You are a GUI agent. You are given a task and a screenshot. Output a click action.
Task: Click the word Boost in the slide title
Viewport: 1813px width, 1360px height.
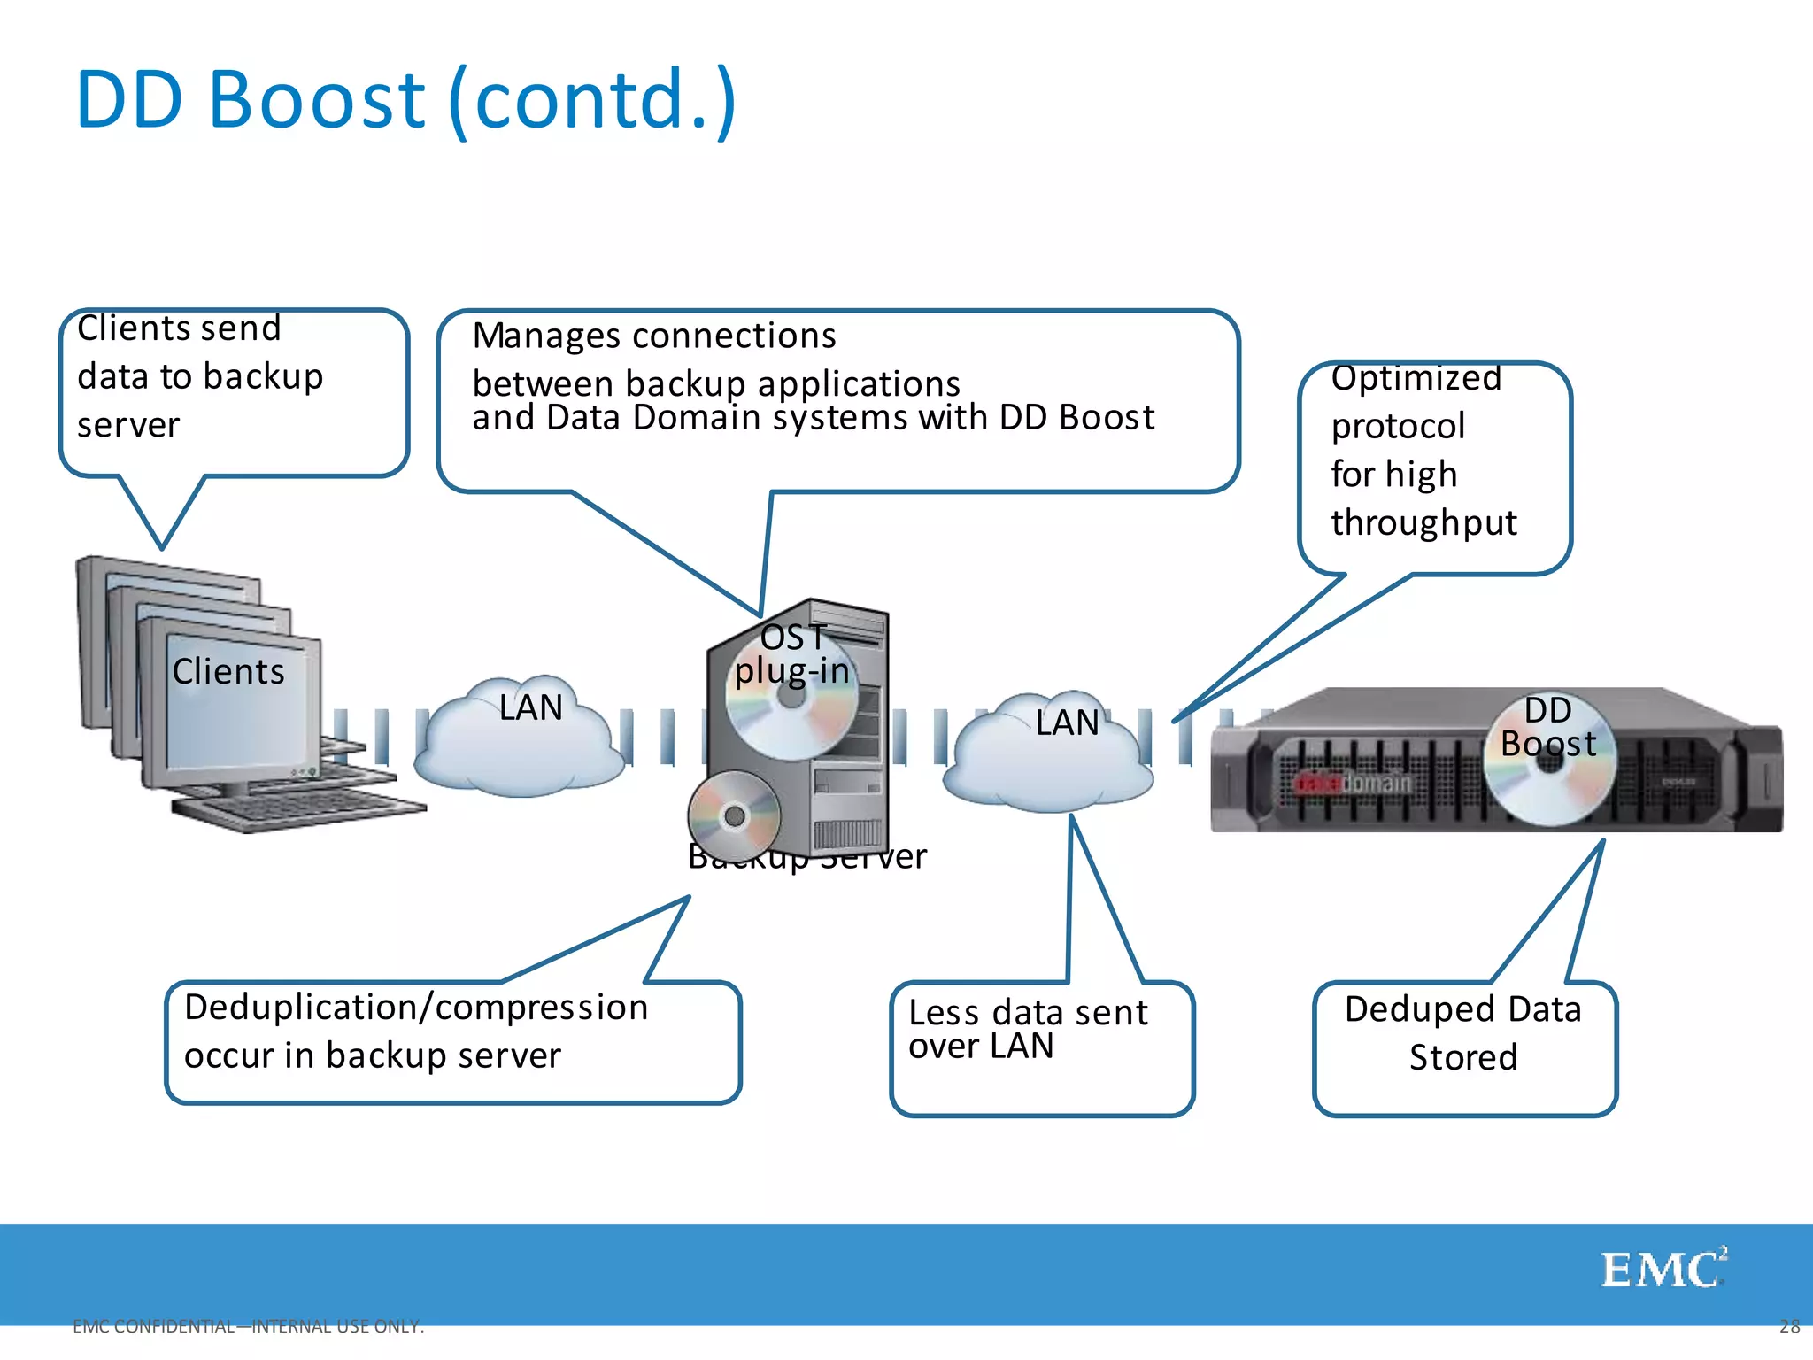316,99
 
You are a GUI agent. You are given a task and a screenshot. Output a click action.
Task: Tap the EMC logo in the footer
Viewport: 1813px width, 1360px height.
1663,1269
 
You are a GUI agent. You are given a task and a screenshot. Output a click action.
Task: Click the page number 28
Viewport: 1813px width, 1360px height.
1789,1326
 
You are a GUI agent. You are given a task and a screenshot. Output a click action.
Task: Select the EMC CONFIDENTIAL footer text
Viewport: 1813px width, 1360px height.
248,1326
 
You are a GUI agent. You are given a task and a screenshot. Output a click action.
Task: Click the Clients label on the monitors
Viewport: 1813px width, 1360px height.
228,672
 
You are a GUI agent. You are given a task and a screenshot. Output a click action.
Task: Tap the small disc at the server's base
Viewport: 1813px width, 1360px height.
734,815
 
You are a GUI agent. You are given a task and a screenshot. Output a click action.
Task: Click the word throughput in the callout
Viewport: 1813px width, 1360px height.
1423,522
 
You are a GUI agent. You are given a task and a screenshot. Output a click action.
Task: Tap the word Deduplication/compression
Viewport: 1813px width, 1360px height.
416,1008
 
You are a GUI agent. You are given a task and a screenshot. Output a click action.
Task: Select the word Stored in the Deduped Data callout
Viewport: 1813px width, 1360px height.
1463,1057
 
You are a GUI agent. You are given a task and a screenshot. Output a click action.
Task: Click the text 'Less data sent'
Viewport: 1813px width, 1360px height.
1028,1013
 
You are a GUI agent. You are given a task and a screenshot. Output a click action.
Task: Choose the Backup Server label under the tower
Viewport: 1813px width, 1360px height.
806,857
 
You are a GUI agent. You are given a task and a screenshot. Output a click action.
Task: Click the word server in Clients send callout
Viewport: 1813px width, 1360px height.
128,426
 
